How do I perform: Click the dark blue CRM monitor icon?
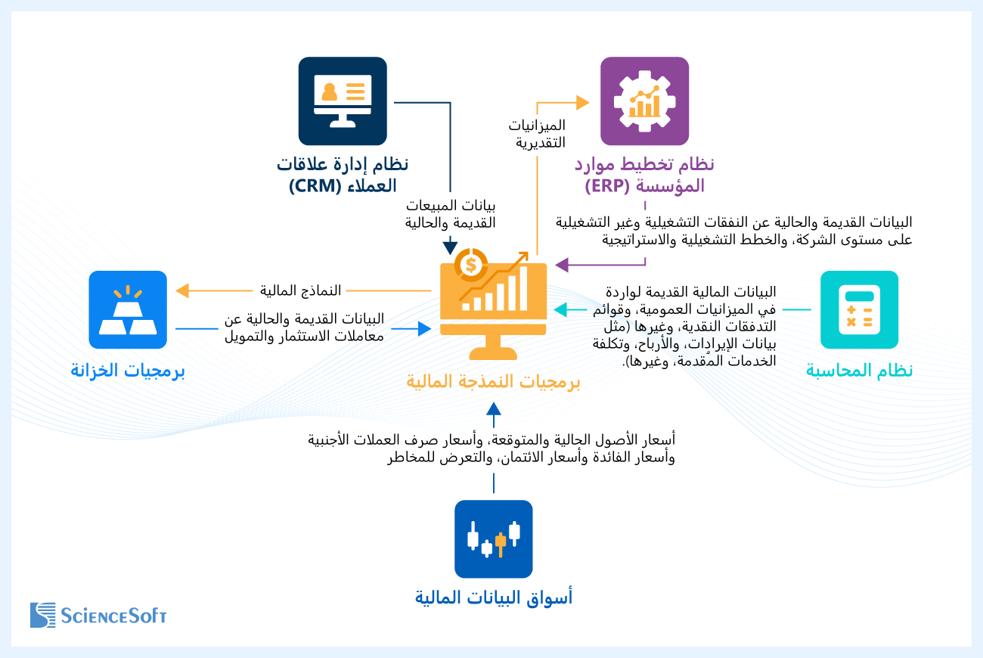point(343,101)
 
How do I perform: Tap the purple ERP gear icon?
point(644,101)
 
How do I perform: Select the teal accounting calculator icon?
point(859,310)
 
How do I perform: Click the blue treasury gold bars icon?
point(128,310)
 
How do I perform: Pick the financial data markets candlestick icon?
point(493,539)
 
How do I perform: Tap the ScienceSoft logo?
point(98,614)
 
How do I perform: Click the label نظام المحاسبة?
point(859,371)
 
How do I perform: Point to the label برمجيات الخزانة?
point(128,371)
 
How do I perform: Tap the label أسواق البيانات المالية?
point(493,597)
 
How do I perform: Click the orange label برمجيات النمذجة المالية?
point(493,382)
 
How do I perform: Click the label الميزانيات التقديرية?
point(540,133)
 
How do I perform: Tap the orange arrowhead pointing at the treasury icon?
point(181,290)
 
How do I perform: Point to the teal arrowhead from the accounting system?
point(560,309)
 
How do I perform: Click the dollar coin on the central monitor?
point(471,265)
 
